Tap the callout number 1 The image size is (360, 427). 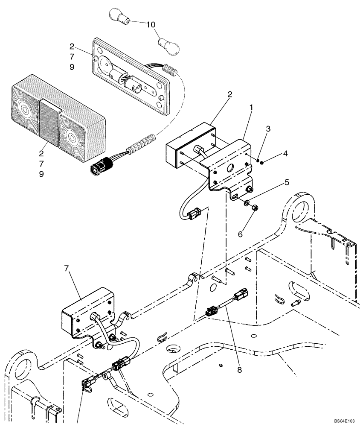click(252, 108)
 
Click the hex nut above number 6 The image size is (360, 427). click(252, 208)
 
